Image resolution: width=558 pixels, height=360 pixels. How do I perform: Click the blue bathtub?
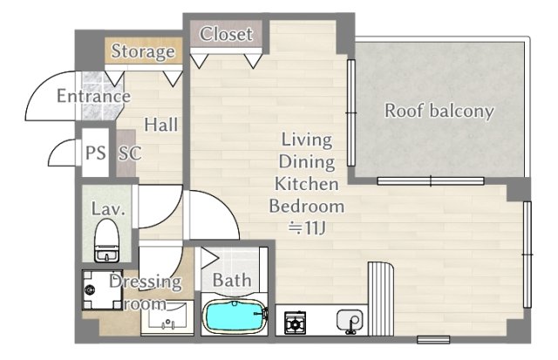click(235, 316)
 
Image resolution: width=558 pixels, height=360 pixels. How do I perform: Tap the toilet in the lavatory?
click(106, 241)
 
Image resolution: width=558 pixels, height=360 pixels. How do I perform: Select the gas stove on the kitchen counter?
click(295, 323)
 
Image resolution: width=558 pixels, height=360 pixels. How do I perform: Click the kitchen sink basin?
click(350, 321)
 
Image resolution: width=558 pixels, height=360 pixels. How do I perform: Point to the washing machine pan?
click(103, 289)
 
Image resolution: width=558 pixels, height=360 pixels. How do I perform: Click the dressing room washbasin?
click(167, 317)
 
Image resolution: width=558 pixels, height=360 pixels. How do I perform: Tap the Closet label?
click(226, 34)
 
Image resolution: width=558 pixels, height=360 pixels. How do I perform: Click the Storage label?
click(143, 51)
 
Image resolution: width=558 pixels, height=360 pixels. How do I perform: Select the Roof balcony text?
click(439, 111)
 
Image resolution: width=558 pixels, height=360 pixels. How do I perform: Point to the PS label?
click(96, 153)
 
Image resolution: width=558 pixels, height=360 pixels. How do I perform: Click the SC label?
click(130, 153)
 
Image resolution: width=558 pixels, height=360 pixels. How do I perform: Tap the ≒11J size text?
click(307, 228)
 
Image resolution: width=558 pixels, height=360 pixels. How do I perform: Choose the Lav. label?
click(108, 209)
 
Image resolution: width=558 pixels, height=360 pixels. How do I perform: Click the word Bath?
click(232, 280)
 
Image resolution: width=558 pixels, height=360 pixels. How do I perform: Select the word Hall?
click(160, 125)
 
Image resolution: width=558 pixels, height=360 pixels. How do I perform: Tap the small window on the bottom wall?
click(433, 340)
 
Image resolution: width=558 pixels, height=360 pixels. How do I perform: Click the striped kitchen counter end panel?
click(381, 299)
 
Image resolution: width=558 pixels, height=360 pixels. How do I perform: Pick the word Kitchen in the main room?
click(307, 184)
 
